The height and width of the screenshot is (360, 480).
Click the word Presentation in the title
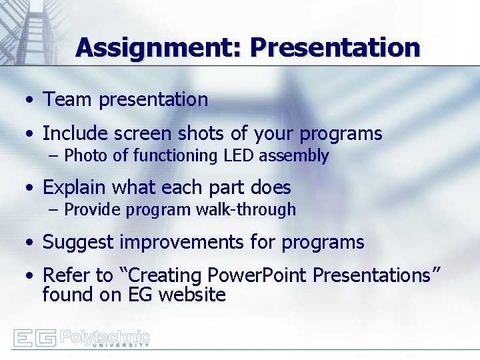pyautogui.click(x=335, y=48)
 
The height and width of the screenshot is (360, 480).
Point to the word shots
pyautogui.click(x=198, y=133)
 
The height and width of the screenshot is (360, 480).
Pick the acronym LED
pyautogui.click(x=239, y=156)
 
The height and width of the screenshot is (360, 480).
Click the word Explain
pyautogui.click(x=75, y=187)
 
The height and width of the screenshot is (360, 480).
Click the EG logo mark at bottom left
pyautogui.click(x=34, y=337)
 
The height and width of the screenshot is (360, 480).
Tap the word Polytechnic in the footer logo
pyautogui.click(x=105, y=335)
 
